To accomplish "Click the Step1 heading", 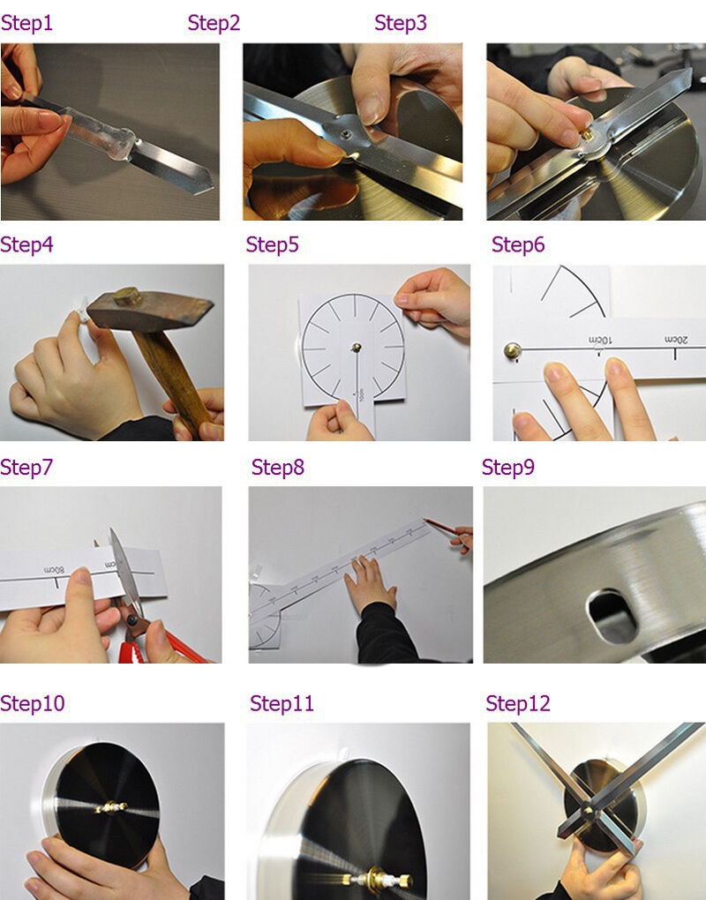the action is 26,23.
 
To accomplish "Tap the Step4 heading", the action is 26,244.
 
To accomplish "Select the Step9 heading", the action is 508,468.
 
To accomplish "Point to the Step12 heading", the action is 518,703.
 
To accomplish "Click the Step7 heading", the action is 26,468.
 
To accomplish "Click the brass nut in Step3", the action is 586,134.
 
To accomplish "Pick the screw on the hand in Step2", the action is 347,134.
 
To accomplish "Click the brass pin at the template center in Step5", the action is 357,347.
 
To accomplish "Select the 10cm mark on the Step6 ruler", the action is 600,341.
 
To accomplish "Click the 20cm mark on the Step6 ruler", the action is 677,340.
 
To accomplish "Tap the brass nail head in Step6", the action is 513,349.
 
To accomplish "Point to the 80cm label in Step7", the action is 55,570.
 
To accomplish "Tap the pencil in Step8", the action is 444,528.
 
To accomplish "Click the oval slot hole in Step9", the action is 612,617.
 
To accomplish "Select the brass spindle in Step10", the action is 111,807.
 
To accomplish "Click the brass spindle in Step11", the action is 377,879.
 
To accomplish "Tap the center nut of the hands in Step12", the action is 587,811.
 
